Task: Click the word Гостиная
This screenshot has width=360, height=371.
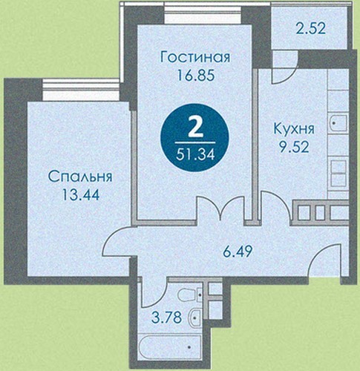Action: coord(195,58)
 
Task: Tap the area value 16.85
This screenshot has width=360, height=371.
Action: coord(195,75)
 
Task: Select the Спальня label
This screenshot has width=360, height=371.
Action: coord(80,177)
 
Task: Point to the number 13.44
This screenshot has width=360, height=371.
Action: coord(81,194)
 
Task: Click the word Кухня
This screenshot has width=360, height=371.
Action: coord(294,129)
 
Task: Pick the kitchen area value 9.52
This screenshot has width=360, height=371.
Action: coord(294,148)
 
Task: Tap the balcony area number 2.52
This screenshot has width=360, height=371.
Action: coord(310,28)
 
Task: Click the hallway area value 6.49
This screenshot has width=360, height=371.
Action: coord(237,252)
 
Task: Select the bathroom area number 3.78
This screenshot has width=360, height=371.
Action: coord(166,318)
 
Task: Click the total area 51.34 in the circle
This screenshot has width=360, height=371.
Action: coord(195,155)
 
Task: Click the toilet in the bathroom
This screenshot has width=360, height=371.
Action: coord(191,295)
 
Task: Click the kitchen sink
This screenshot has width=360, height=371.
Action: coord(338,123)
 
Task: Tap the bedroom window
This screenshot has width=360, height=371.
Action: coord(81,90)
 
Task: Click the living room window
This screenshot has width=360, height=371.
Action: coord(203,14)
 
